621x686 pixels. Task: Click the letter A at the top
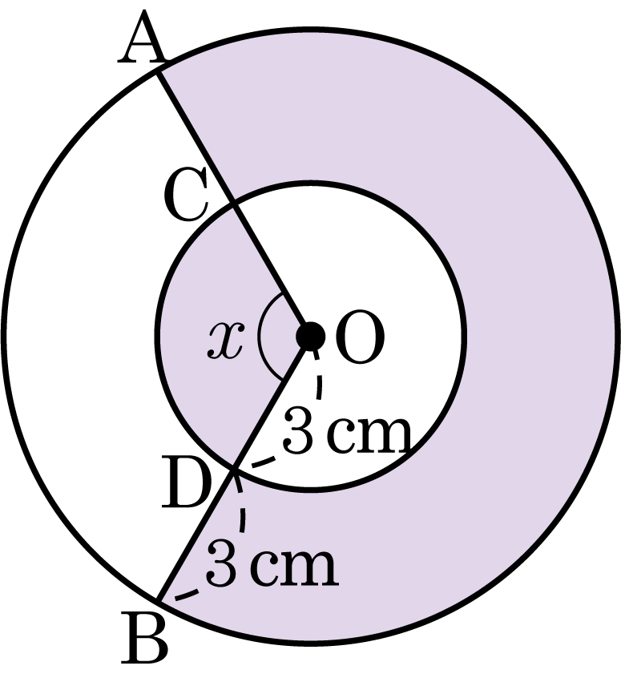point(142,38)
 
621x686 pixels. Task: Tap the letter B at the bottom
point(144,638)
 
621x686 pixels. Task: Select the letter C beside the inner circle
point(186,195)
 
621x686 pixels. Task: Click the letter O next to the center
point(360,337)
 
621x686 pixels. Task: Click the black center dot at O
point(310,337)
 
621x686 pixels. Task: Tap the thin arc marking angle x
point(259,336)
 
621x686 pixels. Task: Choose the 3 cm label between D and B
point(272,563)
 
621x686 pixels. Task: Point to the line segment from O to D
point(272,402)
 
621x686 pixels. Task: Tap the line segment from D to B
point(197,535)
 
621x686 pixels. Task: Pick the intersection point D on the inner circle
point(236,469)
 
